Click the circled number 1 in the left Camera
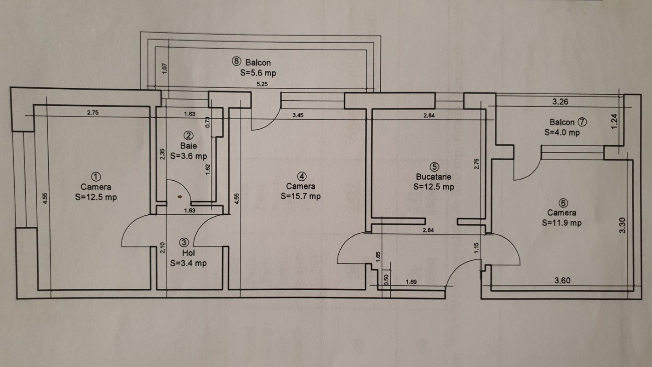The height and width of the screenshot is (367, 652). tap(96, 177)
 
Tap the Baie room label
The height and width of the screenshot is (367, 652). tap(189, 145)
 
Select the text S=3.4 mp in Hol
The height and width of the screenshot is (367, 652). tap(189, 263)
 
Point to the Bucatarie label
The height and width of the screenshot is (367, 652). tap(434, 177)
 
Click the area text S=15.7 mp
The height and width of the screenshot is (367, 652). tap(301, 196)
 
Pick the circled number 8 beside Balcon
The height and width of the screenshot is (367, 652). tap(236, 62)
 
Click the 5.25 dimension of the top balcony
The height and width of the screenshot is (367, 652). tap(262, 84)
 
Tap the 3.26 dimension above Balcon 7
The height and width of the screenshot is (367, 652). tap(560, 102)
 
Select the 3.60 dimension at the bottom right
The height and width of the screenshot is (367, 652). tap(562, 281)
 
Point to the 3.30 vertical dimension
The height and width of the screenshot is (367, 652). tap(622, 225)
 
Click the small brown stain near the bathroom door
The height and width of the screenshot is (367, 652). tap(180, 197)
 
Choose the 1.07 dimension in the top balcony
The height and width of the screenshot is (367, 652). tap(165, 69)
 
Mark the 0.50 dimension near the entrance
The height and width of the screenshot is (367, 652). tap(387, 280)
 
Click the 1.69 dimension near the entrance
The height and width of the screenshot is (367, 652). tap(411, 282)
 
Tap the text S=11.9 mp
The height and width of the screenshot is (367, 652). tap(562, 223)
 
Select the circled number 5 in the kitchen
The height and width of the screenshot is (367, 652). tap(434, 167)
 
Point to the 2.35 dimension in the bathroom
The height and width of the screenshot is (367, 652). tap(163, 154)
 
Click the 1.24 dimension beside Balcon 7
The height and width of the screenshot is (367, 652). tap(614, 121)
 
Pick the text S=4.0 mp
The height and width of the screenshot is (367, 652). tap(562, 132)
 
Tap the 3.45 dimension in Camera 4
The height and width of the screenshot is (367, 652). tap(298, 115)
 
